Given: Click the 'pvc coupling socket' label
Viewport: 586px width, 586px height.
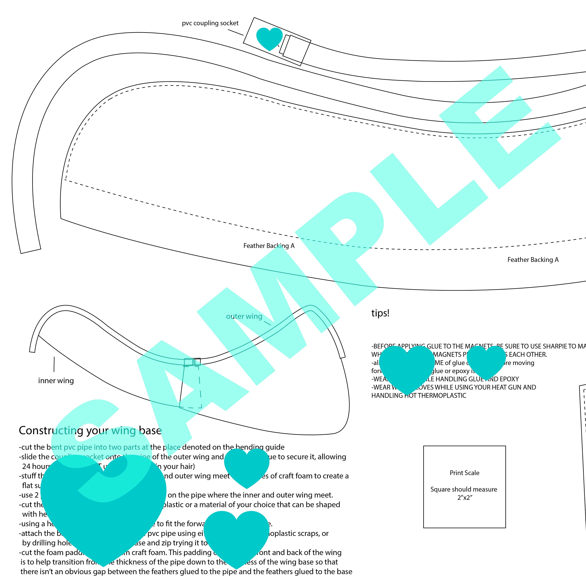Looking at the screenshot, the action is point(210,23).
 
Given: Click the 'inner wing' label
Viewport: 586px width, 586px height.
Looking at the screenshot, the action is point(56,381).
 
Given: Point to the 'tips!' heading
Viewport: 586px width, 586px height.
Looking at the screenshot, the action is point(380,313).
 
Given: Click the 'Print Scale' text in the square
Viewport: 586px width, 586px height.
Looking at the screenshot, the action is point(464,473).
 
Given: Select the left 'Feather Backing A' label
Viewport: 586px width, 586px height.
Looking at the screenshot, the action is point(269,246).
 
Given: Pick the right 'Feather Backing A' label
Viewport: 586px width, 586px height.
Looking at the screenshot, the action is point(533,260).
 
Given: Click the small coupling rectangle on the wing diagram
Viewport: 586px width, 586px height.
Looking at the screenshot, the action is point(192,362).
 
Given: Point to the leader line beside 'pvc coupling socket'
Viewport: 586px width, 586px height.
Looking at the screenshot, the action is point(236,32).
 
